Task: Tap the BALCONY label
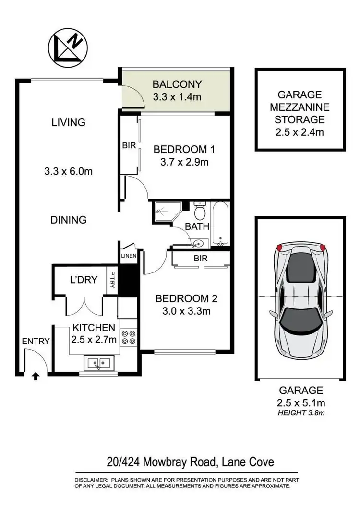tap(177, 85)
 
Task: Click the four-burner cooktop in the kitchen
tap(129, 337)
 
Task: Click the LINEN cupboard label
tap(129, 256)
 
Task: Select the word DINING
tap(69, 220)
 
